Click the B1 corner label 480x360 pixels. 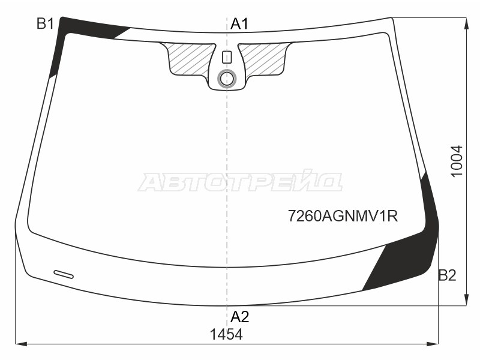(46, 23)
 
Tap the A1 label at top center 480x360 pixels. (239, 23)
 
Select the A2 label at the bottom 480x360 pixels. (240, 317)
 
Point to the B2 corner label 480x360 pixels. (447, 275)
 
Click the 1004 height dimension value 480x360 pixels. (457, 161)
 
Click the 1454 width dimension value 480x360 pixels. (226, 334)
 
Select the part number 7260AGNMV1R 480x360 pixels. (343, 216)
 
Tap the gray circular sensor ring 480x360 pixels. (227, 79)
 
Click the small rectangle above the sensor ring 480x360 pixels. (227, 57)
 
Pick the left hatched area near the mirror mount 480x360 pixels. (189, 59)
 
